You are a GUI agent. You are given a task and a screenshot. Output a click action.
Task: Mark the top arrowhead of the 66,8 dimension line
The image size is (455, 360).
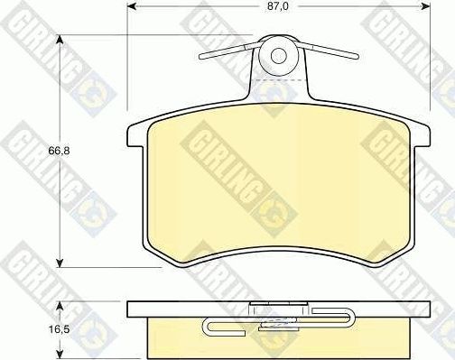tap(60, 40)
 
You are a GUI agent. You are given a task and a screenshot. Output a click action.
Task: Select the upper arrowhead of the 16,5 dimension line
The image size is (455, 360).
tap(60, 304)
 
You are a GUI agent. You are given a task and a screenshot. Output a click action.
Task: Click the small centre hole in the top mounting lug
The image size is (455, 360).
tap(279, 56)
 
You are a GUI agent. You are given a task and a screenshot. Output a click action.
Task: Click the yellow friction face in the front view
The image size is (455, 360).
tap(280, 189)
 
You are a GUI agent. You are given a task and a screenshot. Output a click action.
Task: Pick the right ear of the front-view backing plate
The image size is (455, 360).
tap(422, 135)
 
